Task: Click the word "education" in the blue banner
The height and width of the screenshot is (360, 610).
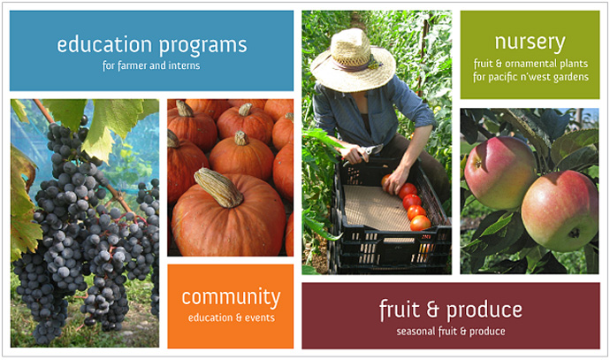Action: tap(103, 44)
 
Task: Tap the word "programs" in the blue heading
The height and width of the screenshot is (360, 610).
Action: tap(203, 46)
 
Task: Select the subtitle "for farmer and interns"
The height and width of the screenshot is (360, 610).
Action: tap(151, 65)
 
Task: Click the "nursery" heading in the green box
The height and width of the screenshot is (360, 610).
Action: tap(530, 42)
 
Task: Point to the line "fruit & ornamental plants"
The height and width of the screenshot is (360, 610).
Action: tap(530, 64)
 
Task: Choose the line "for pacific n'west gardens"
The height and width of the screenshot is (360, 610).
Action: tap(530, 77)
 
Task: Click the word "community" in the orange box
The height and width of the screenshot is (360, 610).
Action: tap(231, 298)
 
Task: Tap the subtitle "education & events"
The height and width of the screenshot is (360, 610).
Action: tap(232, 318)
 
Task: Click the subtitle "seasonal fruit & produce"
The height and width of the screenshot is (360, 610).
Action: tap(451, 332)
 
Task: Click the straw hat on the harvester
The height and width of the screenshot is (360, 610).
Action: tap(353, 62)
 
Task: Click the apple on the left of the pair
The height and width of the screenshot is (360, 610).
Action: tap(499, 172)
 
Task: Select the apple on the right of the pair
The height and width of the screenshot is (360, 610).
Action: tap(560, 211)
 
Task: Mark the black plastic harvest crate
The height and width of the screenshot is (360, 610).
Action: tap(390, 218)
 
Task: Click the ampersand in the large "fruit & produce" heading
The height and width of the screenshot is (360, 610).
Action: tap(432, 310)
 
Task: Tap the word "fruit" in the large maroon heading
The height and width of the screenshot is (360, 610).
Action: tap(400, 310)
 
